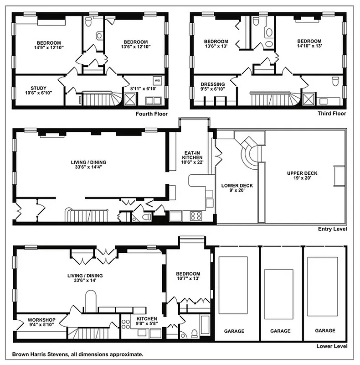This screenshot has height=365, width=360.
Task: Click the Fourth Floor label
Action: [152, 114]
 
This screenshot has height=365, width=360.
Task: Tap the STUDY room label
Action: [39, 88]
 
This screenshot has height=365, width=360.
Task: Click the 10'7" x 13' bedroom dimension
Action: [188, 278]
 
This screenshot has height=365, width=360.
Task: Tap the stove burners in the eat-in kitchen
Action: [195, 216]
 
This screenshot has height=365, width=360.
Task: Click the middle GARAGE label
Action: [281, 331]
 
